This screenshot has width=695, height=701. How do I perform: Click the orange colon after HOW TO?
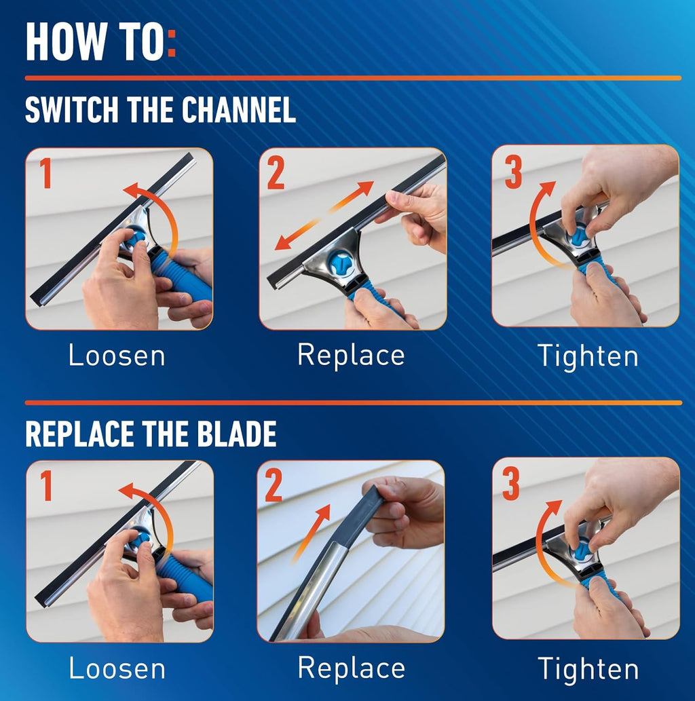(x=171, y=43)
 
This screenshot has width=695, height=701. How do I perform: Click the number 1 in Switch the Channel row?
(x=45, y=174)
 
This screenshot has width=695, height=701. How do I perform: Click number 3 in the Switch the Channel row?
(x=513, y=172)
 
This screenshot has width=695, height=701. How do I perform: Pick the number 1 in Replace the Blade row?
(x=45, y=486)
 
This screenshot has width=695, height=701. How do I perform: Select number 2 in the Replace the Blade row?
(x=274, y=487)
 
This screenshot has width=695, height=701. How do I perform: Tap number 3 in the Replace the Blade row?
(x=512, y=484)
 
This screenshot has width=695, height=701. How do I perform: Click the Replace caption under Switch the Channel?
(x=351, y=356)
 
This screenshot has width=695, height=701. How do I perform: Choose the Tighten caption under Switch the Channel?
(x=588, y=356)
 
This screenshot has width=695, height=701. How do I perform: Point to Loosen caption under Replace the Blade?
(x=117, y=668)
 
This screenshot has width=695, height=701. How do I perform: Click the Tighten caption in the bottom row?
(x=588, y=669)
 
